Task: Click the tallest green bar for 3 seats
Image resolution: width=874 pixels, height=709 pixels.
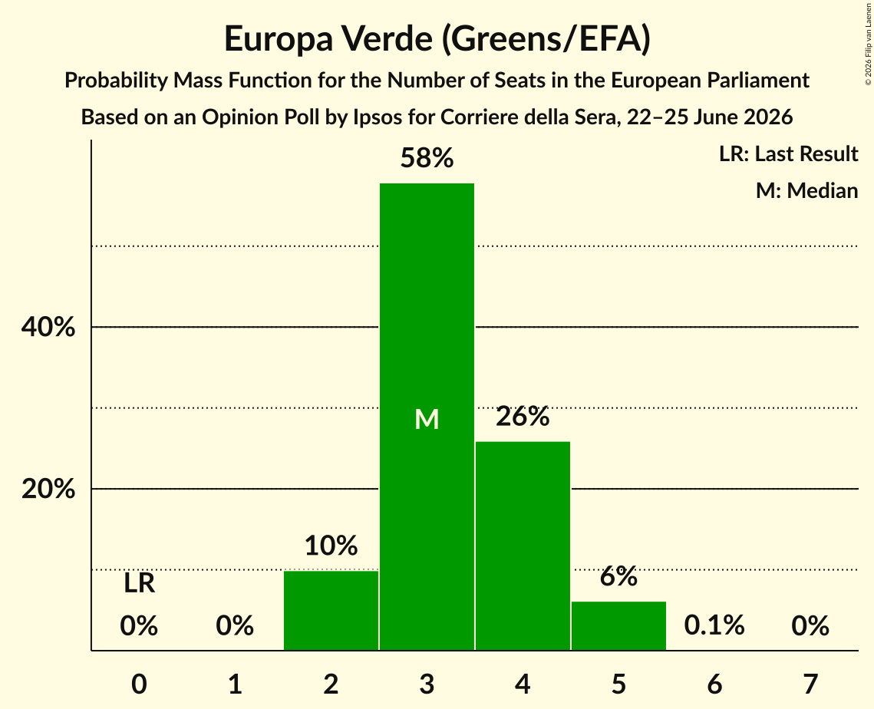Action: click(x=427, y=417)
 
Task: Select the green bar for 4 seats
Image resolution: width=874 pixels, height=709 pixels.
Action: click(x=523, y=546)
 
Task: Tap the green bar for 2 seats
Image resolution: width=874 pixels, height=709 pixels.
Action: click(x=331, y=610)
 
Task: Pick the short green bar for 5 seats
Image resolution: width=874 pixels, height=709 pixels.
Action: click(x=618, y=626)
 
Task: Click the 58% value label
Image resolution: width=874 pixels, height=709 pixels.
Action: click(x=427, y=158)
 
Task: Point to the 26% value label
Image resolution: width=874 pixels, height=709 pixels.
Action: click(x=523, y=417)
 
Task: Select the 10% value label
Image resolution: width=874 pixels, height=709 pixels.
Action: click(x=331, y=545)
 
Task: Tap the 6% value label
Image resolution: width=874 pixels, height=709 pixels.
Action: click(x=618, y=576)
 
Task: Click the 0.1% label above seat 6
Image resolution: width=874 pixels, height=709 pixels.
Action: click(x=714, y=625)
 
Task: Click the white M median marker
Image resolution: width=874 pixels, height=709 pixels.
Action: click(x=427, y=419)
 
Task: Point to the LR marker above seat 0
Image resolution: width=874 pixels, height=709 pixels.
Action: click(x=140, y=583)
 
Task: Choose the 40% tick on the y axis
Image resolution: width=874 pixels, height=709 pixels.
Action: click(x=48, y=327)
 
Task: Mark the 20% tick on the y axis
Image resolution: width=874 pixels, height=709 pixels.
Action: click(x=48, y=489)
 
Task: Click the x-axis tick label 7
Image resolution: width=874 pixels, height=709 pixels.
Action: click(x=810, y=684)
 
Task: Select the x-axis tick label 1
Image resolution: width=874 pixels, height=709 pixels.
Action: click(x=236, y=684)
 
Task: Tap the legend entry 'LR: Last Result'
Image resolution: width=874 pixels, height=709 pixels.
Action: click(x=788, y=153)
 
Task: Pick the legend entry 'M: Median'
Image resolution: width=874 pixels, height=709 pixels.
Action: click(x=806, y=190)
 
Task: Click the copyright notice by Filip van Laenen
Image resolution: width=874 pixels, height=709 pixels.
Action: click(x=868, y=44)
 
